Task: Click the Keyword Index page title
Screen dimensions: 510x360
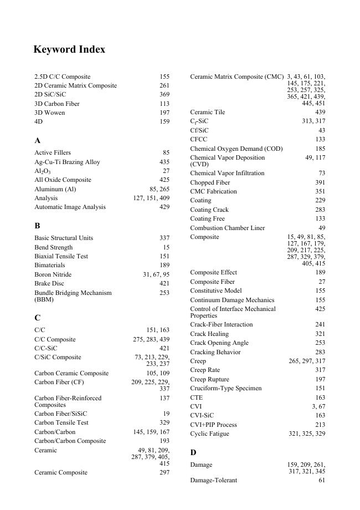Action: click(69, 50)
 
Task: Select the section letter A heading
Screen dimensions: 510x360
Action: click(37, 141)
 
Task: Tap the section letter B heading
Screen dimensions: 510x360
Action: click(37, 226)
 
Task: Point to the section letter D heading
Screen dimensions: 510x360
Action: click(193, 452)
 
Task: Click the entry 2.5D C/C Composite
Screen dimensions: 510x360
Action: click(62, 76)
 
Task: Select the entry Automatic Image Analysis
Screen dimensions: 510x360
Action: click(70, 207)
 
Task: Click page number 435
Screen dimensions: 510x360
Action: click(164, 162)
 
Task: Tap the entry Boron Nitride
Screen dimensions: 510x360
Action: click(53, 274)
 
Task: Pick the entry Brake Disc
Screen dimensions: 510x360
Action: click(49, 283)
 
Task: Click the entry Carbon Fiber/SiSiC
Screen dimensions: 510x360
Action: click(60, 414)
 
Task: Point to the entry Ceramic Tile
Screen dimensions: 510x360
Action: click(207, 112)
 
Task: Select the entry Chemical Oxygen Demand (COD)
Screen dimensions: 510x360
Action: click(236, 149)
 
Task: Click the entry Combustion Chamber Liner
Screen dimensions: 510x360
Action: click(227, 228)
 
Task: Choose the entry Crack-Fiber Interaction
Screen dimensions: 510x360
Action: click(221, 324)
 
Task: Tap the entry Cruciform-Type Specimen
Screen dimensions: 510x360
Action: click(225, 388)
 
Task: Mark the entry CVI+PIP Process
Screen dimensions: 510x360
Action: click(213, 425)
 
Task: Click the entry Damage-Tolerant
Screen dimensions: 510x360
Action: click(213, 480)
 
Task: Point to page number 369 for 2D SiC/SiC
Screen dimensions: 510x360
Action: click(164, 94)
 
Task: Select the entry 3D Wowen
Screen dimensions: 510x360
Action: click(49, 113)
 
